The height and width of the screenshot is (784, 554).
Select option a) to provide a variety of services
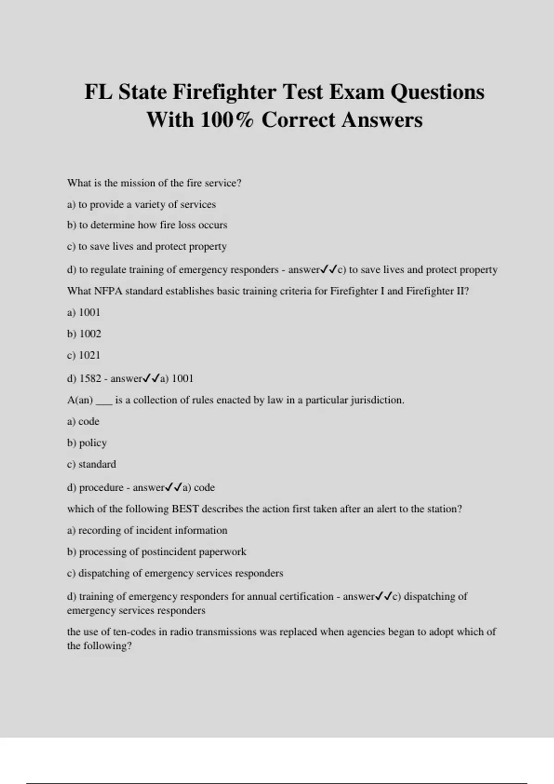pyautogui.click(x=141, y=204)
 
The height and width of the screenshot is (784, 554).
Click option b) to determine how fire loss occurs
pyautogui.click(x=147, y=225)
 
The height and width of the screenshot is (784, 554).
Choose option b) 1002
pyautogui.click(x=84, y=334)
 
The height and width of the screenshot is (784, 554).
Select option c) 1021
pyautogui.click(x=84, y=355)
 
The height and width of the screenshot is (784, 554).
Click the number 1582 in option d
pyautogui.click(x=90, y=379)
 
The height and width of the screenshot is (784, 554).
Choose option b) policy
pyautogui.click(x=87, y=443)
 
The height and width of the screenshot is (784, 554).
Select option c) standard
pyautogui.click(x=91, y=464)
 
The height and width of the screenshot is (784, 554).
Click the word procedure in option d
pyautogui.click(x=101, y=487)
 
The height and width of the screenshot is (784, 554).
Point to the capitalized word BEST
pyautogui.click(x=185, y=509)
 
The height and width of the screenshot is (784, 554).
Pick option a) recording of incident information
pyautogui.click(x=147, y=530)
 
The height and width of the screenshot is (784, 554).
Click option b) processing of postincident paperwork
pyautogui.click(x=157, y=552)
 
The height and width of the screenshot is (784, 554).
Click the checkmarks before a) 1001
pyautogui.click(x=151, y=379)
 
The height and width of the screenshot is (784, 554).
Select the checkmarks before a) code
pyautogui.click(x=174, y=487)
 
